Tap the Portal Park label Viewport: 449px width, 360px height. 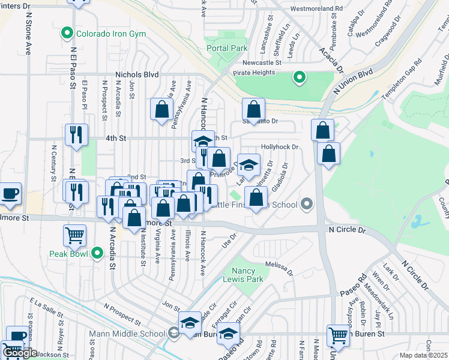pyautogui.click(x=226, y=47)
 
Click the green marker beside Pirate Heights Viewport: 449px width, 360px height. pyautogui.click(x=298, y=77)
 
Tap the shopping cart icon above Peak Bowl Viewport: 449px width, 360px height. pyautogui.click(x=75, y=235)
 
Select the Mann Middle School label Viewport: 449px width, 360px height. pyautogui.click(x=135, y=334)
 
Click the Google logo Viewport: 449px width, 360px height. pyautogui.click(x=19, y=353)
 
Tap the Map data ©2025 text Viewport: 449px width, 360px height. pyautogui.click(x=423, y=355)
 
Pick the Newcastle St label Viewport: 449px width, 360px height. pyautogui.click(x=262, y=62)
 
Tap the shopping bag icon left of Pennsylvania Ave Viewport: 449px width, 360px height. pyautogui.click(x=161, y=109)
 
